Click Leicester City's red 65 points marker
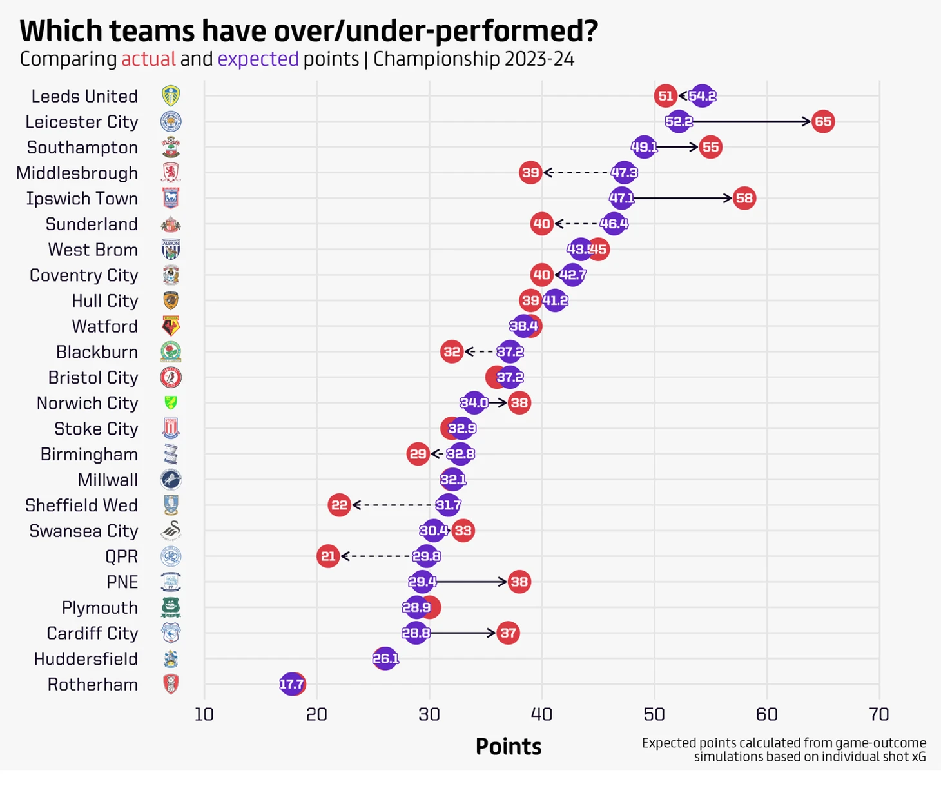822,121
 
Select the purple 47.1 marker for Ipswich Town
621,198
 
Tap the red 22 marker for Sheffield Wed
339,505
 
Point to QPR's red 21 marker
328,556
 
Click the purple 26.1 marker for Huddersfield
385,658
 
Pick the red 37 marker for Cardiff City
508,633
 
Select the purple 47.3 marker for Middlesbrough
624,172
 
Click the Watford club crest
171,326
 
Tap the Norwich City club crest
171,403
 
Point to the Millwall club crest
171,480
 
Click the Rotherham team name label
93,684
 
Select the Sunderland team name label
92,224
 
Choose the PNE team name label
122,582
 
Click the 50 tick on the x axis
654,714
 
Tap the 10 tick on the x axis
204,714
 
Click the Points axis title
508,746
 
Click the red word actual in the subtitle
148,59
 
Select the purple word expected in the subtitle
258,59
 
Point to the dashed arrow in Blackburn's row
480,351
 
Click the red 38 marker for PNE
519,582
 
